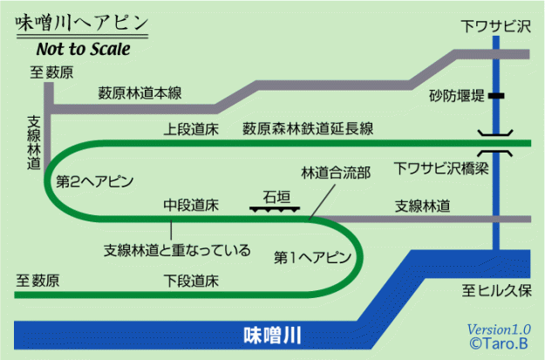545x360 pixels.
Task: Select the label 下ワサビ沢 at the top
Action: coord(496,27)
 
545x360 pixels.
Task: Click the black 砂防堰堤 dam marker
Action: coord(497,93)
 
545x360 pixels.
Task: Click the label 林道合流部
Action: coord(336,173)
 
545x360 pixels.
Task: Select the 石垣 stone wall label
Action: coord(276,195)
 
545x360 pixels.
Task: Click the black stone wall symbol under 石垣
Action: coord(275,208)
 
